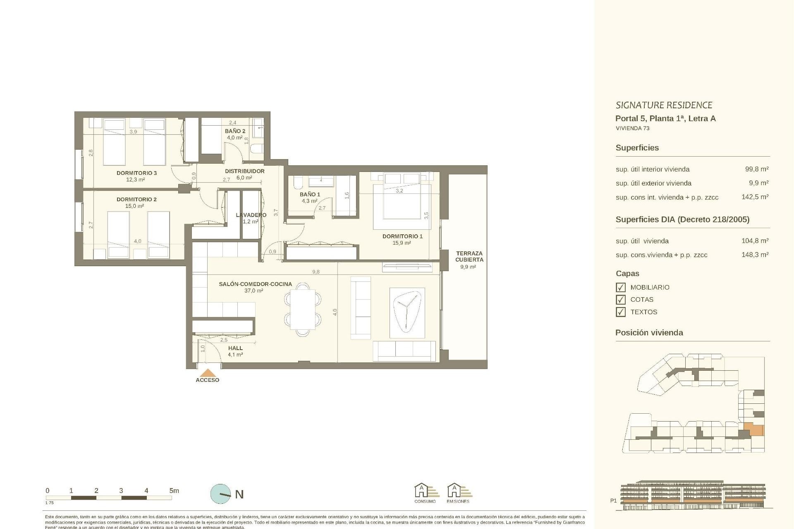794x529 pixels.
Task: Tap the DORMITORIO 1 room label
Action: (402, 236)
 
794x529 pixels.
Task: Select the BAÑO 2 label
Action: (235, 131)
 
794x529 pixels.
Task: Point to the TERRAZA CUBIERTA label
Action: (469, 257)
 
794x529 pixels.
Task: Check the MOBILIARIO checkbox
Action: (620, 287)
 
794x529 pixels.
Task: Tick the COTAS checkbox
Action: (620, 300)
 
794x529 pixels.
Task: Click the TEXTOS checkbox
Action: (620, 312)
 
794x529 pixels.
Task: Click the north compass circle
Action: (220, 494)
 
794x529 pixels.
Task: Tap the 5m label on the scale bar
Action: (174, 491)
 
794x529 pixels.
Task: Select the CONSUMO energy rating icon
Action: (425, 493)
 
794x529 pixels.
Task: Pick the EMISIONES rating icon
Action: (458, 493)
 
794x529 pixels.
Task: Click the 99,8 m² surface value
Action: (756, 169)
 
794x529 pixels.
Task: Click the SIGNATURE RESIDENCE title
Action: (664, 105)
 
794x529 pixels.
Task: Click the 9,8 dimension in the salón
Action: (316, 272)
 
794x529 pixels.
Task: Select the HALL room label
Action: (235, 348)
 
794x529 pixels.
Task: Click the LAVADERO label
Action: (251, 215)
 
